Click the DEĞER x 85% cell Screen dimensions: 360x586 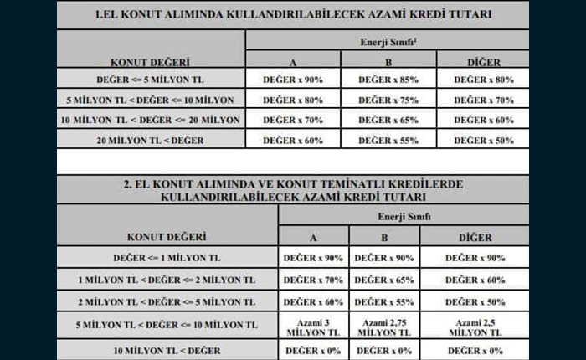pyautogui.click(x=388, y=79)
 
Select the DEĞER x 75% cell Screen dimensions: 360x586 pyautogui.click(x=388, y=99)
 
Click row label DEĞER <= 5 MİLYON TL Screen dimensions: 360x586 pyautogui.click(x=150, y=79)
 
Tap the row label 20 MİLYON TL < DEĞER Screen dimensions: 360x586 pyautogui.click(x=150, y=140)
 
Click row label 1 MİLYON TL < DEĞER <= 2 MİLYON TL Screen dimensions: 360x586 pyautogui.click(x=166, y=280)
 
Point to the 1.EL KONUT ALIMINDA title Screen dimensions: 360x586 pyautogui.click(x=293, y=15)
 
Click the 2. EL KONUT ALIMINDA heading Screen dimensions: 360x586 pyautogui.click(x=293, y=190)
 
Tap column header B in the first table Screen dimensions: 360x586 pyautogui.click(x=388, y=61)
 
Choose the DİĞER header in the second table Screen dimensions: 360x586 pyautogui.click(x=475, y=238)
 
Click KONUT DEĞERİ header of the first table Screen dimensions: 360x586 pyautogui.click(x=150, y=61)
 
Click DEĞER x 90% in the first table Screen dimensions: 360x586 pyautogui.click(x=293, y=79)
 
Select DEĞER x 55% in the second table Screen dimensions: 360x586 pyautogui.click(x=383, y=301)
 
